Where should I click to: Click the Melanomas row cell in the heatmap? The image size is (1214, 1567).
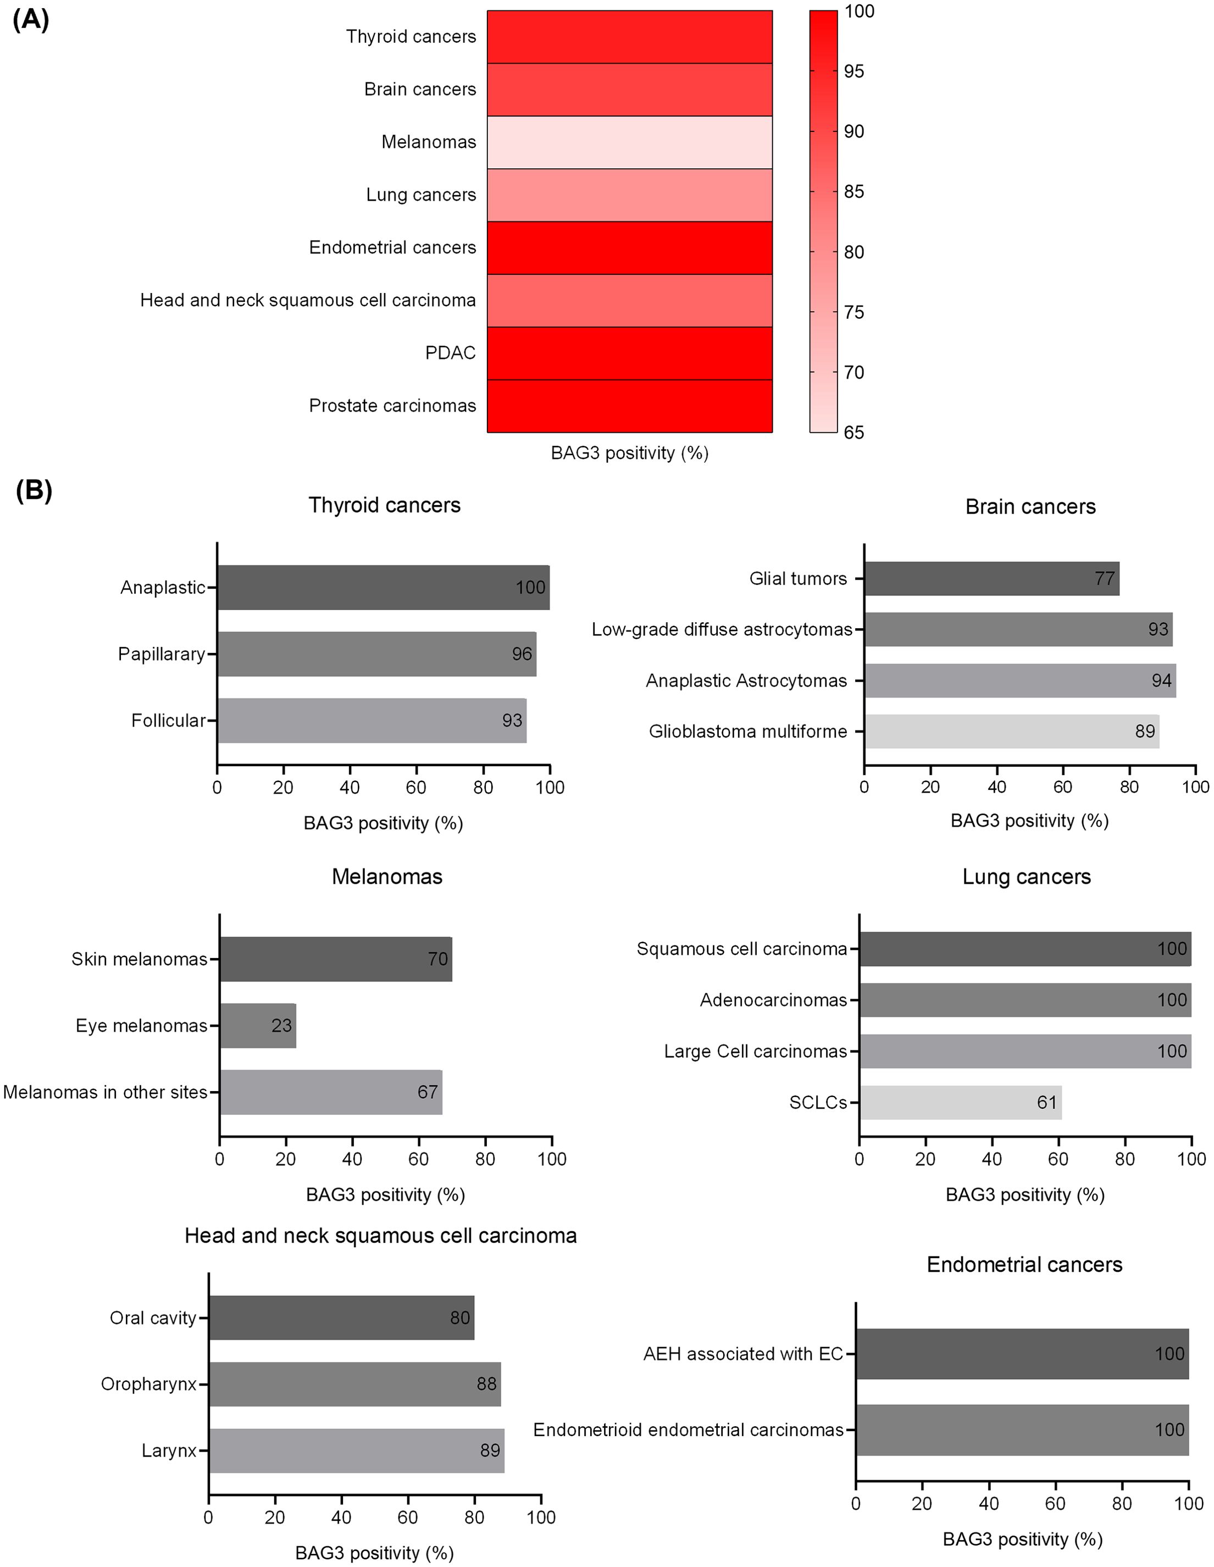[x=629, y=142]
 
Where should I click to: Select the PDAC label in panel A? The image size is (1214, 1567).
[x=450, y=353]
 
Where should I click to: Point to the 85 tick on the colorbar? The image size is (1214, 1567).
[x=854, y=192]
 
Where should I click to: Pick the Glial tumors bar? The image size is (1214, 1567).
[x=991, y=578]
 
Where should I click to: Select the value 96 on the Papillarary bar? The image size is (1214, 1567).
[x=522, y=654]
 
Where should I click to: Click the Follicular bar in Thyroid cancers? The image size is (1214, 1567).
[x=372, y=721]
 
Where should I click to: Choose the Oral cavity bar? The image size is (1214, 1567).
[x=341, y=1317]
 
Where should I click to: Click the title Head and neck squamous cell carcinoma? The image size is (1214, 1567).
[x=380, y=1236]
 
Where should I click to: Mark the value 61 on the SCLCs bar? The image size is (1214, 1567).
[x=1047, y=1102]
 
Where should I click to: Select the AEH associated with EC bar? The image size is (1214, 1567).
[x=1022, y=1353]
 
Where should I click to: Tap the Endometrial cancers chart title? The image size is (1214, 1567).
[x=1024, y=1264]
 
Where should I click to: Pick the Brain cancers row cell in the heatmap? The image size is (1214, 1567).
[x=629, y=90]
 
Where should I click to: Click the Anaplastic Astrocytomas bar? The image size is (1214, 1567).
[x=1019, y=680]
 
